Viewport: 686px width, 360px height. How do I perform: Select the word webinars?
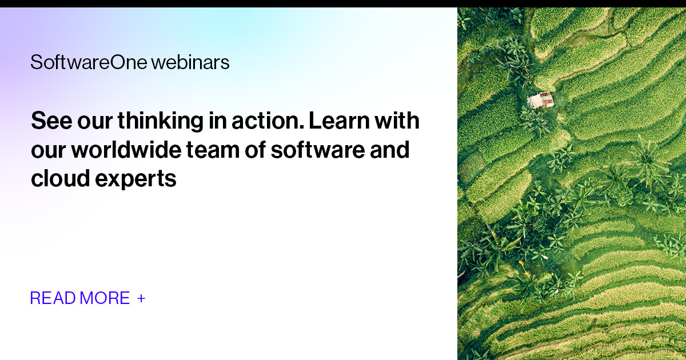pyautogui.click(x=190, y=62)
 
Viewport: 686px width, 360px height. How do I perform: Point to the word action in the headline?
pyautogui.click(x=262, y=121)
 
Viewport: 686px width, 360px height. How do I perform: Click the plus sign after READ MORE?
pyautogui.click(x=141, y=298)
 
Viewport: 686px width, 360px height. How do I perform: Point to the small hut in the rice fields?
pyautogui.click(x=540, y=100)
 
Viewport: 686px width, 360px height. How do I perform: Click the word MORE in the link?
pyautogui.click(x=105, y=298)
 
